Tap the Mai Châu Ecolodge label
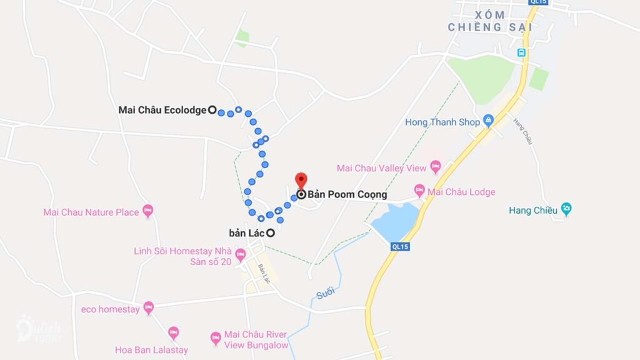[162, 110]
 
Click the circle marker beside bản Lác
[271, 233]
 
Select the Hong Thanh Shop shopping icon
[488, 122]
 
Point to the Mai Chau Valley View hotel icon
[436, 167]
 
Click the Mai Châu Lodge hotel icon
[419, 190]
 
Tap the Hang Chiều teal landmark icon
[566, 209]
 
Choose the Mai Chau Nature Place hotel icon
[148, 211]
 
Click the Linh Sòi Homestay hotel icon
[239, 256]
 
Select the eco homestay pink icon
[148, 307]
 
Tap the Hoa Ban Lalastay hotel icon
[174, 332]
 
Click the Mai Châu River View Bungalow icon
[216, 338]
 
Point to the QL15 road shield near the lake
[400, 247]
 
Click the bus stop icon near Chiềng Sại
[521, 53]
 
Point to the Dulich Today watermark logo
[39, 328]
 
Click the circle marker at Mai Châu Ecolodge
[212, 110]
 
